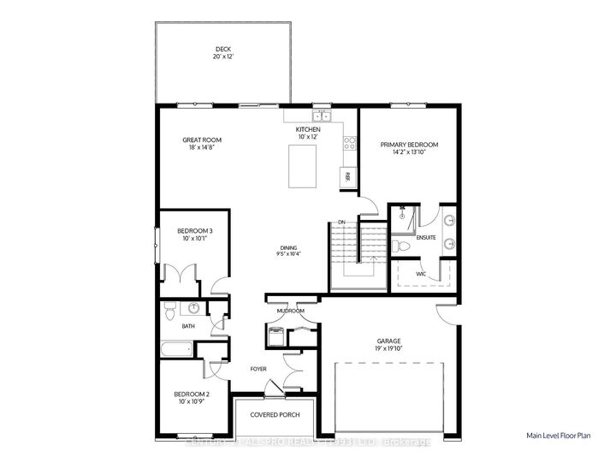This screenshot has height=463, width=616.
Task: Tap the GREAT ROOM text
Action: (x=202, y=139)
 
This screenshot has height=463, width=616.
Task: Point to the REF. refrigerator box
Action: (x=347, y=176)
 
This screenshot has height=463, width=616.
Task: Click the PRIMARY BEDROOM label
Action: (x=409, y=145)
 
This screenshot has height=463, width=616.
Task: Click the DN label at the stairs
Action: (x=341, y=223)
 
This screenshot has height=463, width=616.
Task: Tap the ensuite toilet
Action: (x=401, y=246)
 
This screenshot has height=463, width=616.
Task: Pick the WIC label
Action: (x=421, y=275)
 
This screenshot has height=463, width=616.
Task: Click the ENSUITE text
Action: (x=425, y=238)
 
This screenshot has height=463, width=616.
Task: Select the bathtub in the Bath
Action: (x=175, y=349)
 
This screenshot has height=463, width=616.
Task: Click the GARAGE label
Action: (x=388, y=341)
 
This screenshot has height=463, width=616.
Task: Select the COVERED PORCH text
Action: (x=273, y=415)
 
